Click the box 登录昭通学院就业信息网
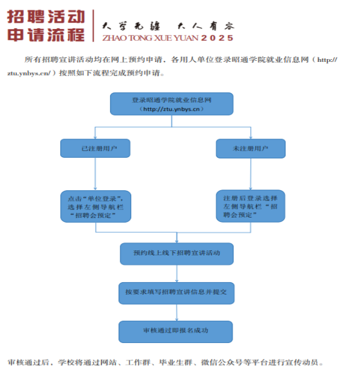point(171,104)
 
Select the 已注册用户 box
point(95,148)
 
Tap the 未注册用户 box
point(250,148)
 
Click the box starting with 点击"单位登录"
point(95,206)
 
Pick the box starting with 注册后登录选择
point(250,206)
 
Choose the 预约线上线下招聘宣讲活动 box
point(177,253)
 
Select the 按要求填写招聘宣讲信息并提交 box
point(177,292)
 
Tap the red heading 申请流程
point(46,34)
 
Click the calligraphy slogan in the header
point(168,26)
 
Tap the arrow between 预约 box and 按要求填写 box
point(177,273)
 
